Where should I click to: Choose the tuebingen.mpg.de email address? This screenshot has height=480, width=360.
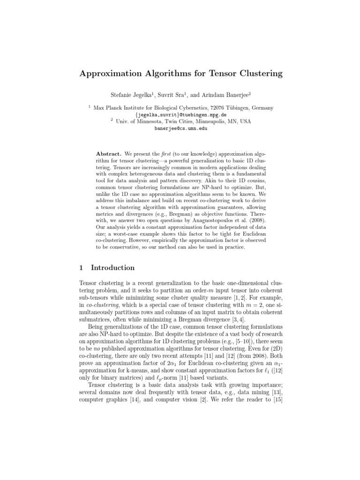180,114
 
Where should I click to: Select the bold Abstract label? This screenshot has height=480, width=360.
109,153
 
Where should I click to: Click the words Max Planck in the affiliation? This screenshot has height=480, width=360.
107,108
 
